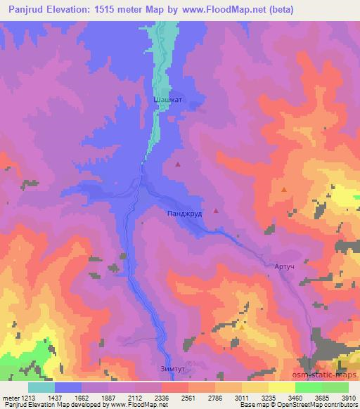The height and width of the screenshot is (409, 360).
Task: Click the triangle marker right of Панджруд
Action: (x=215, y=210)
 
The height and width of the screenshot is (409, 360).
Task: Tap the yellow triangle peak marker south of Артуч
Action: (x=242, y=327)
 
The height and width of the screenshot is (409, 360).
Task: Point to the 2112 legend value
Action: (x=136, y=397)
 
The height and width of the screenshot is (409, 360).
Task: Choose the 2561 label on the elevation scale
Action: (x=188, y=397)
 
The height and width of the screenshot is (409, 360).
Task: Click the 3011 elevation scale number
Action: (x=241, y=397)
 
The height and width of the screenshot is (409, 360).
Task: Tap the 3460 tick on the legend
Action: (x=295, y=397)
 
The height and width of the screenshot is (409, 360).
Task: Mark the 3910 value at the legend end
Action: (x=347, y=397)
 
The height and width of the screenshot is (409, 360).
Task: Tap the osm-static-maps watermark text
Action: (x=328, y=374)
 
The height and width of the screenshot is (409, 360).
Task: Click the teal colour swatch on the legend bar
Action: (x=41, y=387)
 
